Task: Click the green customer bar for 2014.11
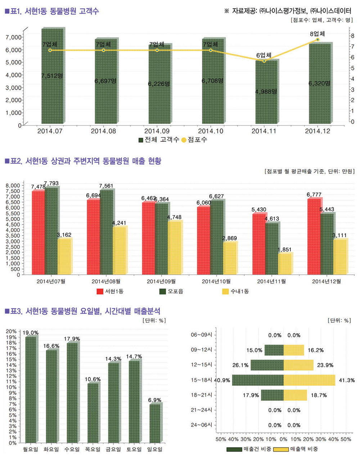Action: coord(266,92)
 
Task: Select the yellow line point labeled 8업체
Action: coord(318,40)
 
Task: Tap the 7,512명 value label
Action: coord(52,76)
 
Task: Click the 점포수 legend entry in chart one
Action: coord(194,140)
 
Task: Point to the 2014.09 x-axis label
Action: coord(157,131)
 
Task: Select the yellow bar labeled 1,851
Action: coord(285,264)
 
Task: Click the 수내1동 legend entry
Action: coord(235,291)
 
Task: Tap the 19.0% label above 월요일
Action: coord(31,333)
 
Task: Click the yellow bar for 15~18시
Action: coord(309,380)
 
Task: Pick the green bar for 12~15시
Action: coord(267,365)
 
